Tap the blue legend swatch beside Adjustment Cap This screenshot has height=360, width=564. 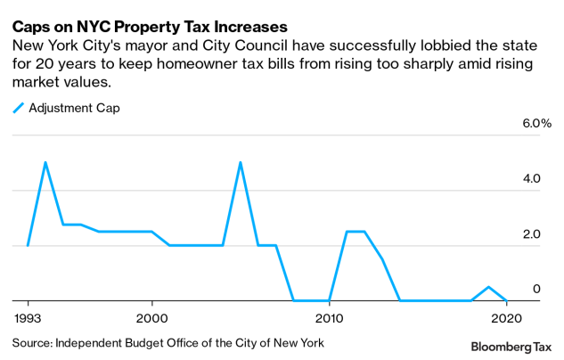[19, 108]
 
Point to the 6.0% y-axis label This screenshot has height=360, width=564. [525, 123]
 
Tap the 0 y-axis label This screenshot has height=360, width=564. [536, 289]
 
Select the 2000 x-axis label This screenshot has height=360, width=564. [151, 316]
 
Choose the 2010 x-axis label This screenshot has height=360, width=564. [329, 316]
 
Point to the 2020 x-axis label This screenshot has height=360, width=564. [506, 316]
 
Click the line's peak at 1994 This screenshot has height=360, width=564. [45, 162]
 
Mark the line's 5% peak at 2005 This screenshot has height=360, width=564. [241, 162]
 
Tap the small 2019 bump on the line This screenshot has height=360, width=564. [488, 287]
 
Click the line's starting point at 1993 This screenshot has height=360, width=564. [28, 245]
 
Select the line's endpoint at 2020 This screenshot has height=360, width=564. [506, 300]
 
